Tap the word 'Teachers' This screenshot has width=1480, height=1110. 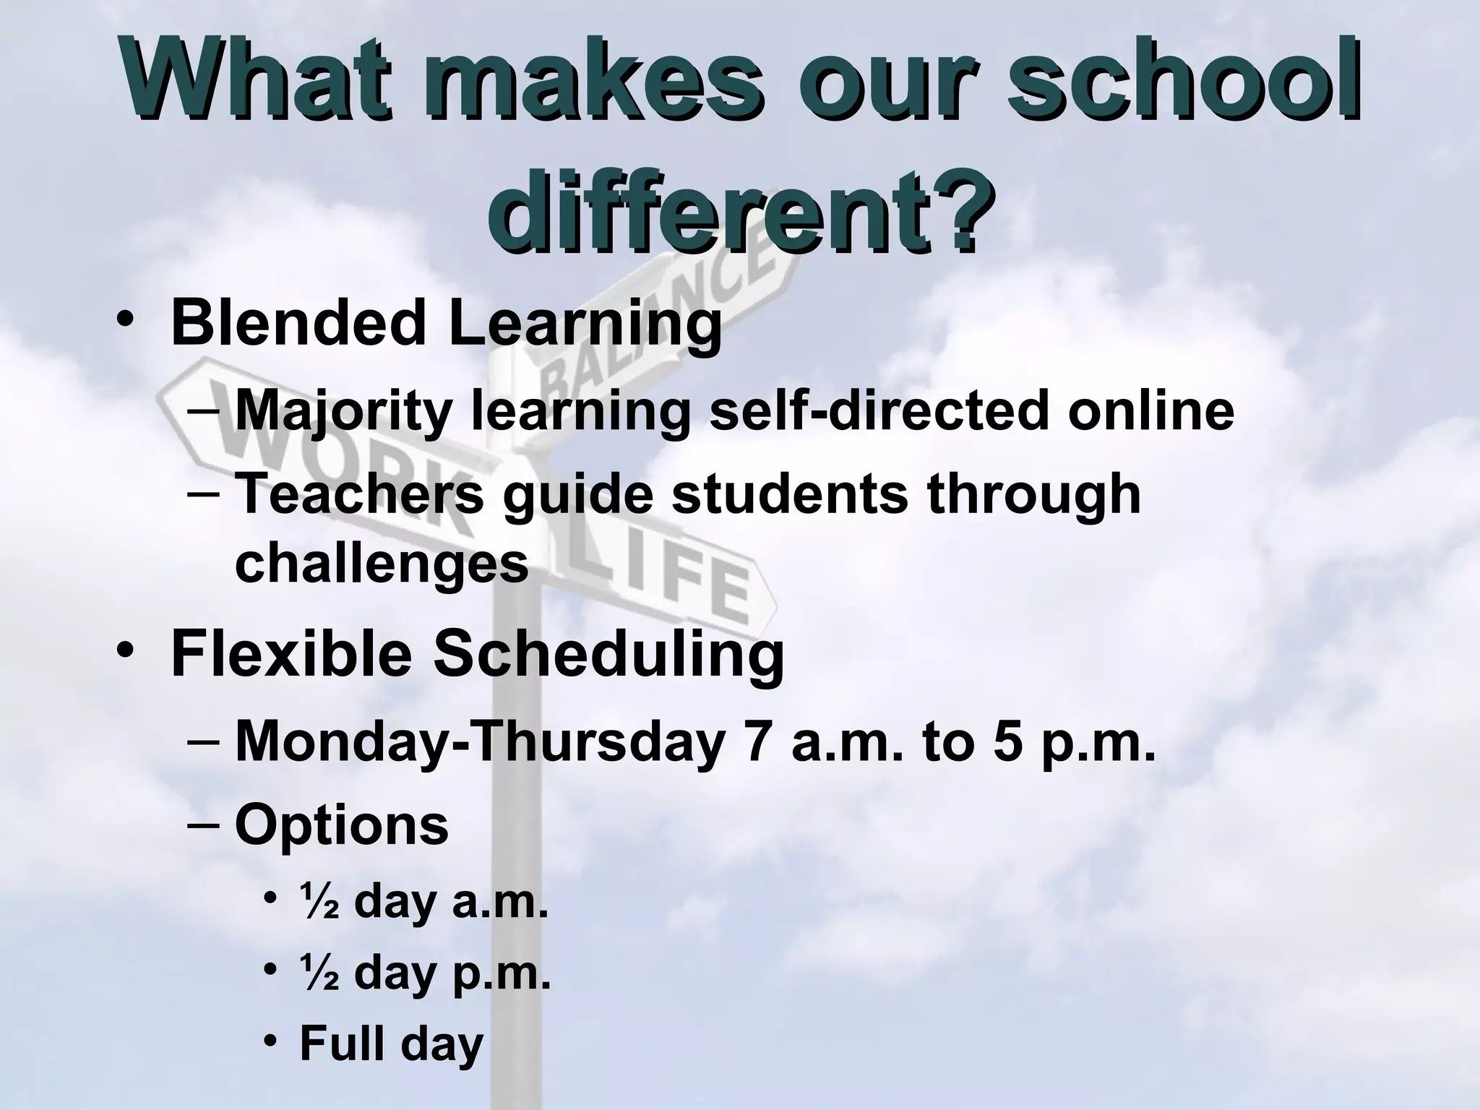(359, 494)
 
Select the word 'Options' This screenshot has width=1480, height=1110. (342, 825)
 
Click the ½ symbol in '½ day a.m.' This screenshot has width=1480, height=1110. (319, 903)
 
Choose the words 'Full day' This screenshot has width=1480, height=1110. (391, 1044)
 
